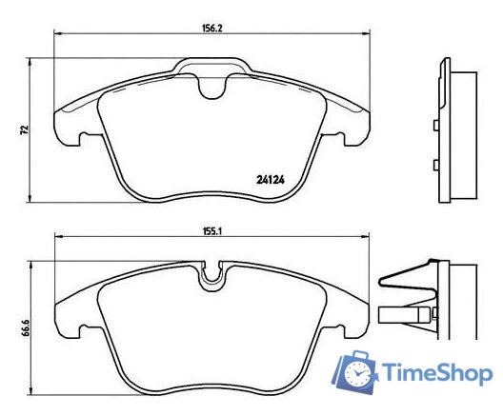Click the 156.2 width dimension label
[x=212, y=28]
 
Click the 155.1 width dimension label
[x=212, y=231]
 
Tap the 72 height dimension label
[x=25, y=129]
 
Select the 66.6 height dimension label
[x=26, y=327]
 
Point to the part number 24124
[x=271, y=180]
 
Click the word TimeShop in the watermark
[x=437, y=373]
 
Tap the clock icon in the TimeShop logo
[x=357, y=374]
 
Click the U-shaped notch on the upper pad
[x=211, y=86]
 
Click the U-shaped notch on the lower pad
[x=211, y=274]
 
